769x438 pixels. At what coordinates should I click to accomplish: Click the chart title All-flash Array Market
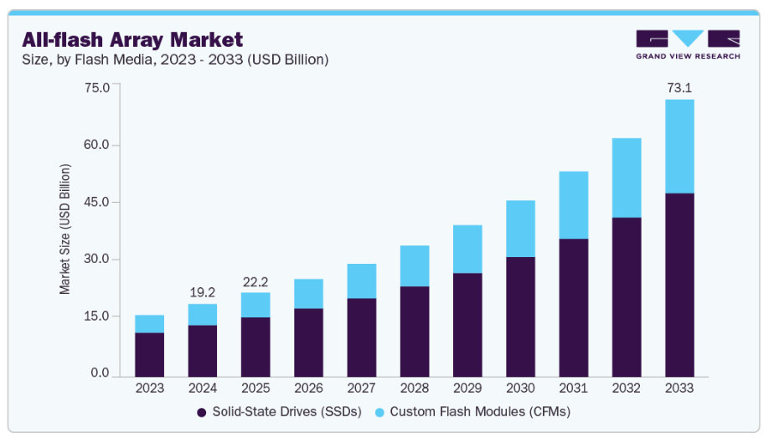(x=132, y=39)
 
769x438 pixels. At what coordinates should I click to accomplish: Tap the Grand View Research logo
(x=688, y=44)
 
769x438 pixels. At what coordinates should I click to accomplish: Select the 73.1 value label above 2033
(x=679, y=87)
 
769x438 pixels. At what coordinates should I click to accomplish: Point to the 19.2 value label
(x=203, y=292)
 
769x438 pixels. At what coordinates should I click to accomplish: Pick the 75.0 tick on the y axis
(x=99, y=88)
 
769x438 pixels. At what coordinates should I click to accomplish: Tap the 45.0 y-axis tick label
(x=99, y=202)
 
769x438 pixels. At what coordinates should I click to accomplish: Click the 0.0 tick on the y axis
(x=101, y=373)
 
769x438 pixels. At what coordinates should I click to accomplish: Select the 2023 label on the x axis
(x=150, y=389)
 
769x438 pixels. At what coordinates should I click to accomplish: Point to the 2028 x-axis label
(x=415, y=389)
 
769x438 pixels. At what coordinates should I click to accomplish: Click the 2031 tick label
(x=574, y=389)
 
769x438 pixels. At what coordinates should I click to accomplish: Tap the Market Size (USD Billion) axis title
(x=65, y=229)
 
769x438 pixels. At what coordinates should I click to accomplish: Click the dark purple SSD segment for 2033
(x=679, y=285)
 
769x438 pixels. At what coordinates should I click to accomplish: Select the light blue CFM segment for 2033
(x=679, y=147)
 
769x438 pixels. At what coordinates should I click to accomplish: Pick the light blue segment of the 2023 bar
(x=150, y=324)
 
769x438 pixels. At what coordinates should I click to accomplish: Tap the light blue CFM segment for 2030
(x=520, y=229)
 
